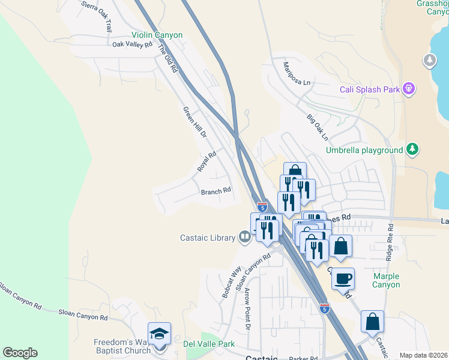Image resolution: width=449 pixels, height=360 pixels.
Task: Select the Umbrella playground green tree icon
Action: coord(412,149)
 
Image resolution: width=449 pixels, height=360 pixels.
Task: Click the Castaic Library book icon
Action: coord(244,238)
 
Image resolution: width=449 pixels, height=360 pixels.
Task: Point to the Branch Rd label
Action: coord(215,191)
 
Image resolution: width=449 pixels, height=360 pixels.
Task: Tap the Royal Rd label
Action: coord(206,162)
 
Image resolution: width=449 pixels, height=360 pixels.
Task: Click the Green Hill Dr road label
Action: coord(194,122)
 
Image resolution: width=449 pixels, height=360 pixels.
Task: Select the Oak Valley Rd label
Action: coord(132,44)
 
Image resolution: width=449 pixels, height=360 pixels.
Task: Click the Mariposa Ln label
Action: coord(297,73)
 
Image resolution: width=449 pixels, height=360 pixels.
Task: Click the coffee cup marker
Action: coord(343,278)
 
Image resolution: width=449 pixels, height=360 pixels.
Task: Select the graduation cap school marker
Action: coord(159,334)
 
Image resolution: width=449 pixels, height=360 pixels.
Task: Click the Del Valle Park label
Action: coord(208,344)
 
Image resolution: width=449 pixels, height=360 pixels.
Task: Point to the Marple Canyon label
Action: coord(386,280)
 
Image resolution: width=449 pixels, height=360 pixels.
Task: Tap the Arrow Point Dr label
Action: coord(247,309)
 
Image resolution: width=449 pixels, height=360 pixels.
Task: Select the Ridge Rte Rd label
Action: coord(390,242)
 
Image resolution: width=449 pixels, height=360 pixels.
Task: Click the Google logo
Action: coord(20,353)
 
